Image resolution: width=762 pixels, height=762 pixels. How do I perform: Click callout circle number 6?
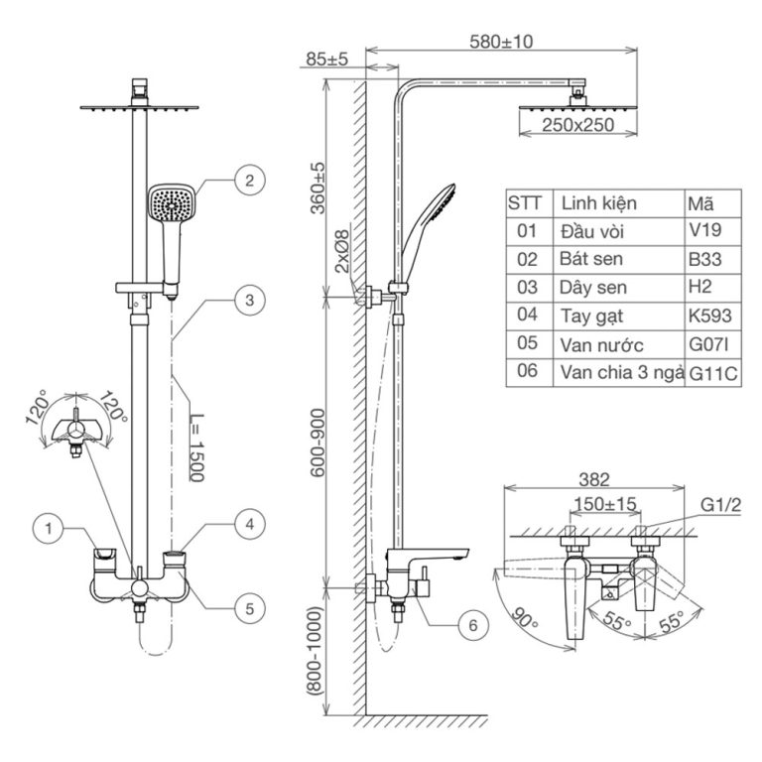point(472,626)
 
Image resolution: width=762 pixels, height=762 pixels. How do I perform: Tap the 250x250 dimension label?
point(578,124)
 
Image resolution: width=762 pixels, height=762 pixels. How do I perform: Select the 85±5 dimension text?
point(327,60)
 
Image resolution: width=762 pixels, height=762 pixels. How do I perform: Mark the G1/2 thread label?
point(721,505)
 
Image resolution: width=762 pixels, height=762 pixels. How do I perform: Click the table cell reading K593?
point(711,317)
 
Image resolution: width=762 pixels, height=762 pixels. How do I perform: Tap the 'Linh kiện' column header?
point(599,203)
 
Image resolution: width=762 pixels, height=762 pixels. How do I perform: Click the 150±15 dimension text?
point(605,505)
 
